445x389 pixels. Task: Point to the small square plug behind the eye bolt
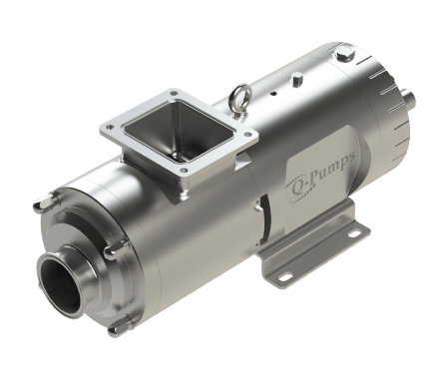pyautogui.click(x=296, y=81)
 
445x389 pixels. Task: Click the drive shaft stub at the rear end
pyautogui.click(x=410, y=97)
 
